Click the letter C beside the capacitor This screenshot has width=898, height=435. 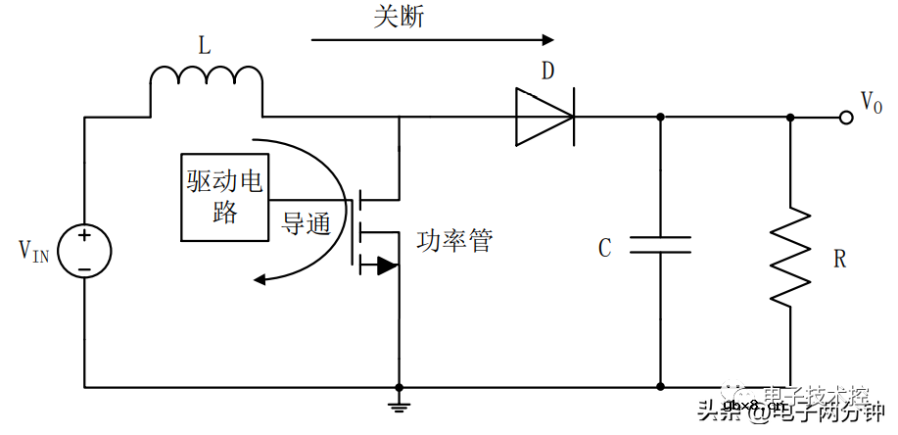(605, 248)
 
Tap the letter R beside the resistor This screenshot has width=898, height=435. (839, 260)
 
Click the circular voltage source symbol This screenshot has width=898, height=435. (84, 252)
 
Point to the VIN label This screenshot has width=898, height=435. (33, 252)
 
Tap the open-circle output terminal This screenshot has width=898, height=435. (846, 118)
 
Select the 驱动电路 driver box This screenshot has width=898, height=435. (226, 197)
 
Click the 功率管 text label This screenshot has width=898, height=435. (454, 241)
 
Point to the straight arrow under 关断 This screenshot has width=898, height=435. (432, 40)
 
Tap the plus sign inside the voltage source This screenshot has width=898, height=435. (84, 236)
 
